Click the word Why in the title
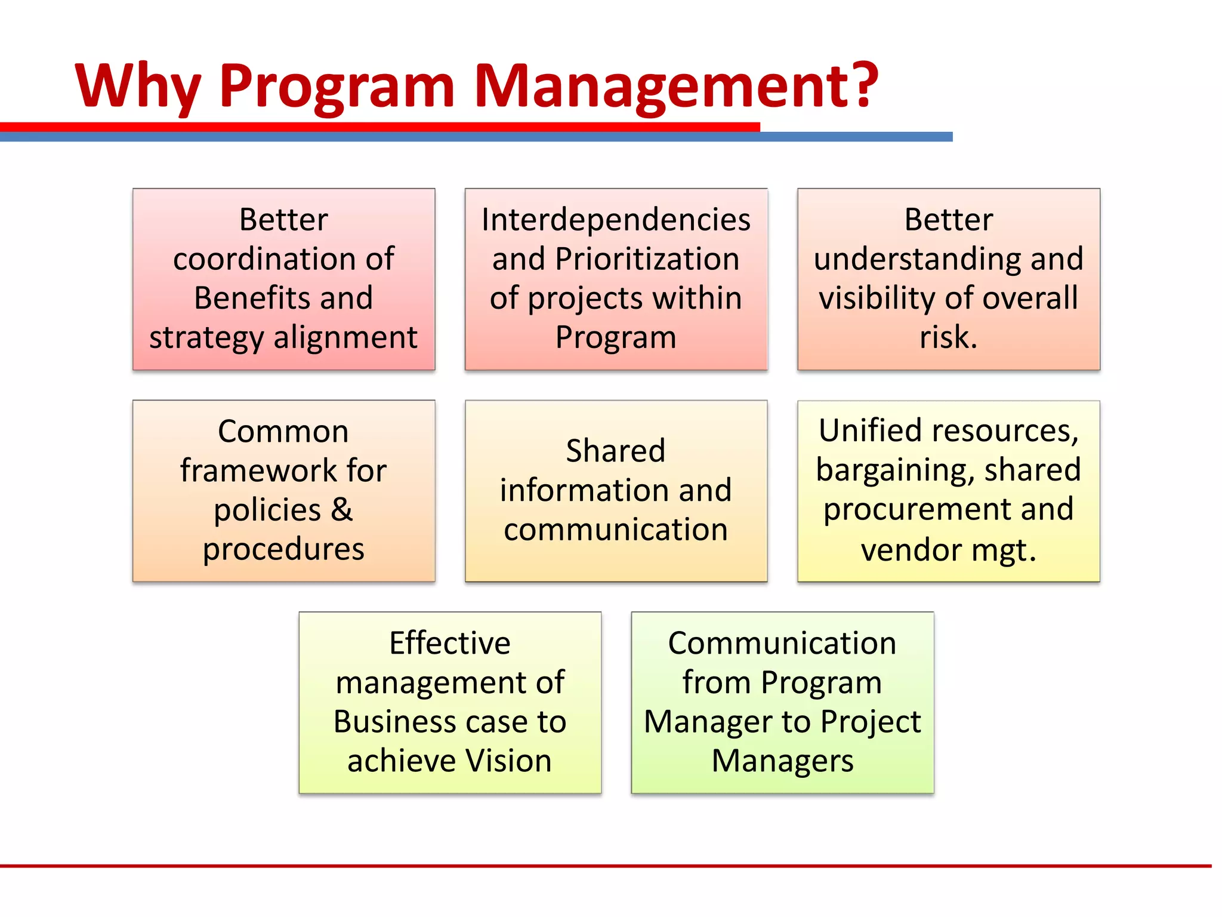click(138, 87)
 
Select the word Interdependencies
click(616, 220)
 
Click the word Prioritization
click(647, 259)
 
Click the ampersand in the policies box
click(342, 510)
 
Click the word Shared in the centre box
click(615, 451)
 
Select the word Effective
click(450, 643)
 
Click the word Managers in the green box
click(782, 761)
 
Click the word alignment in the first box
click(345, 337)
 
